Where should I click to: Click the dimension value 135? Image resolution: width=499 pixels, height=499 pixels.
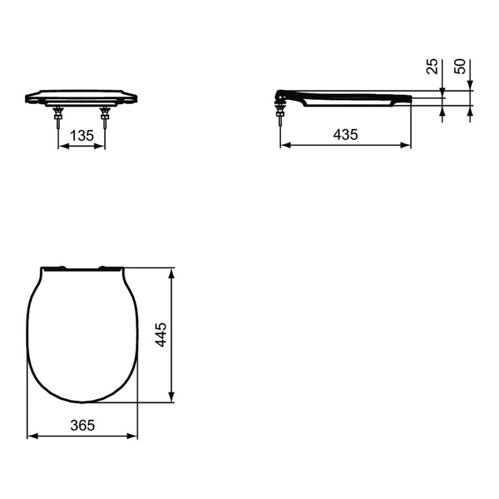(82, 136)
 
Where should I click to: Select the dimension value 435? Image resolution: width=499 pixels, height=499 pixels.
(345, 135)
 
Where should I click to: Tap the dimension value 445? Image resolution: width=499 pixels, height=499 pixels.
(161, 335)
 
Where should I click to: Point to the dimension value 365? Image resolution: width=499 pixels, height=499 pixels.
(83, 425)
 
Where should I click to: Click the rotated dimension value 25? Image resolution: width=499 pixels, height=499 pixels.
(432, 66)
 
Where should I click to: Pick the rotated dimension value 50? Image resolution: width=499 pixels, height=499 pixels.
(460, 66)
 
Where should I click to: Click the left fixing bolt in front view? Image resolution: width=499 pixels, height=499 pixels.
(58, 118)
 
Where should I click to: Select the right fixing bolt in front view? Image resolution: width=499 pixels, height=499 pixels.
(105, 118)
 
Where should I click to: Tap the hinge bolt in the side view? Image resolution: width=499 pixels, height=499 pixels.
(280, 114)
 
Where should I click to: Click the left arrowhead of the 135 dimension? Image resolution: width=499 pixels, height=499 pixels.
(64, 146)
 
